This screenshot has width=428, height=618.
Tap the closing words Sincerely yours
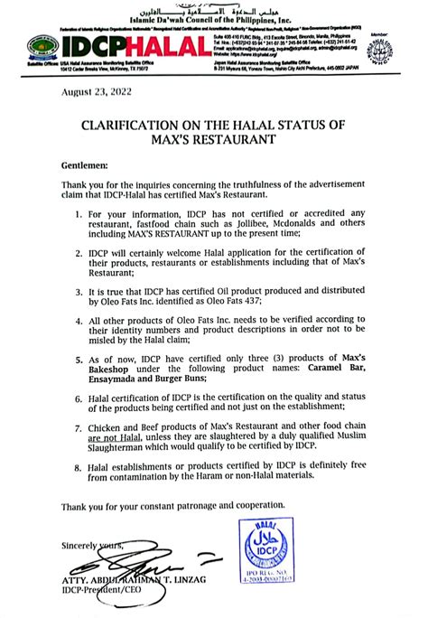click(91, 546)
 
